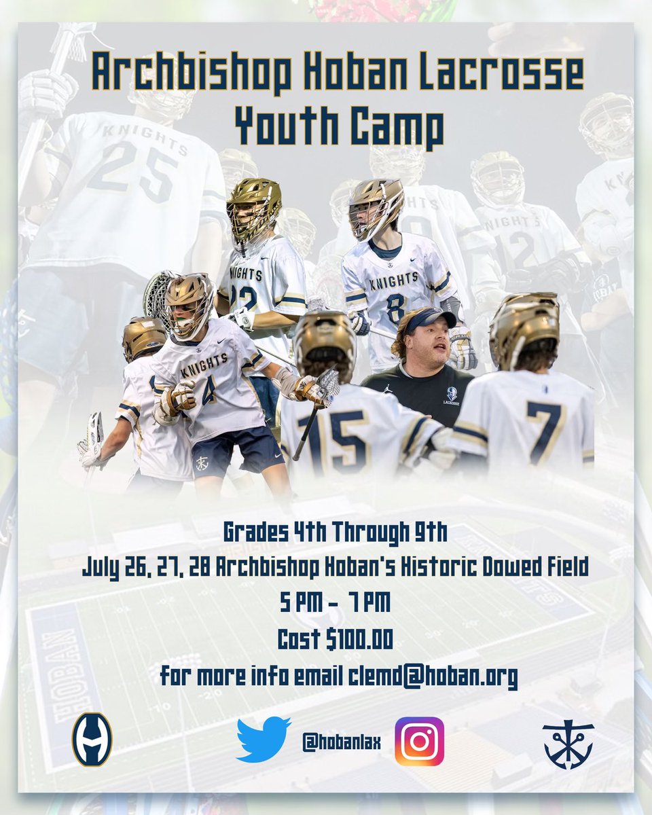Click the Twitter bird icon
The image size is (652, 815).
(x=264, y=740)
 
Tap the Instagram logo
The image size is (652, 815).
(x=419, y=741)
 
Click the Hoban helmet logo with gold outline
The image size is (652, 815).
(x=92, y=740)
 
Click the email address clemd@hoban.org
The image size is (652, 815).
(x=433, y=676)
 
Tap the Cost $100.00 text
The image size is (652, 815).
(x=336, y=640)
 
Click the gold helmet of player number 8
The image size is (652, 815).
(x=376, y=206)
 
